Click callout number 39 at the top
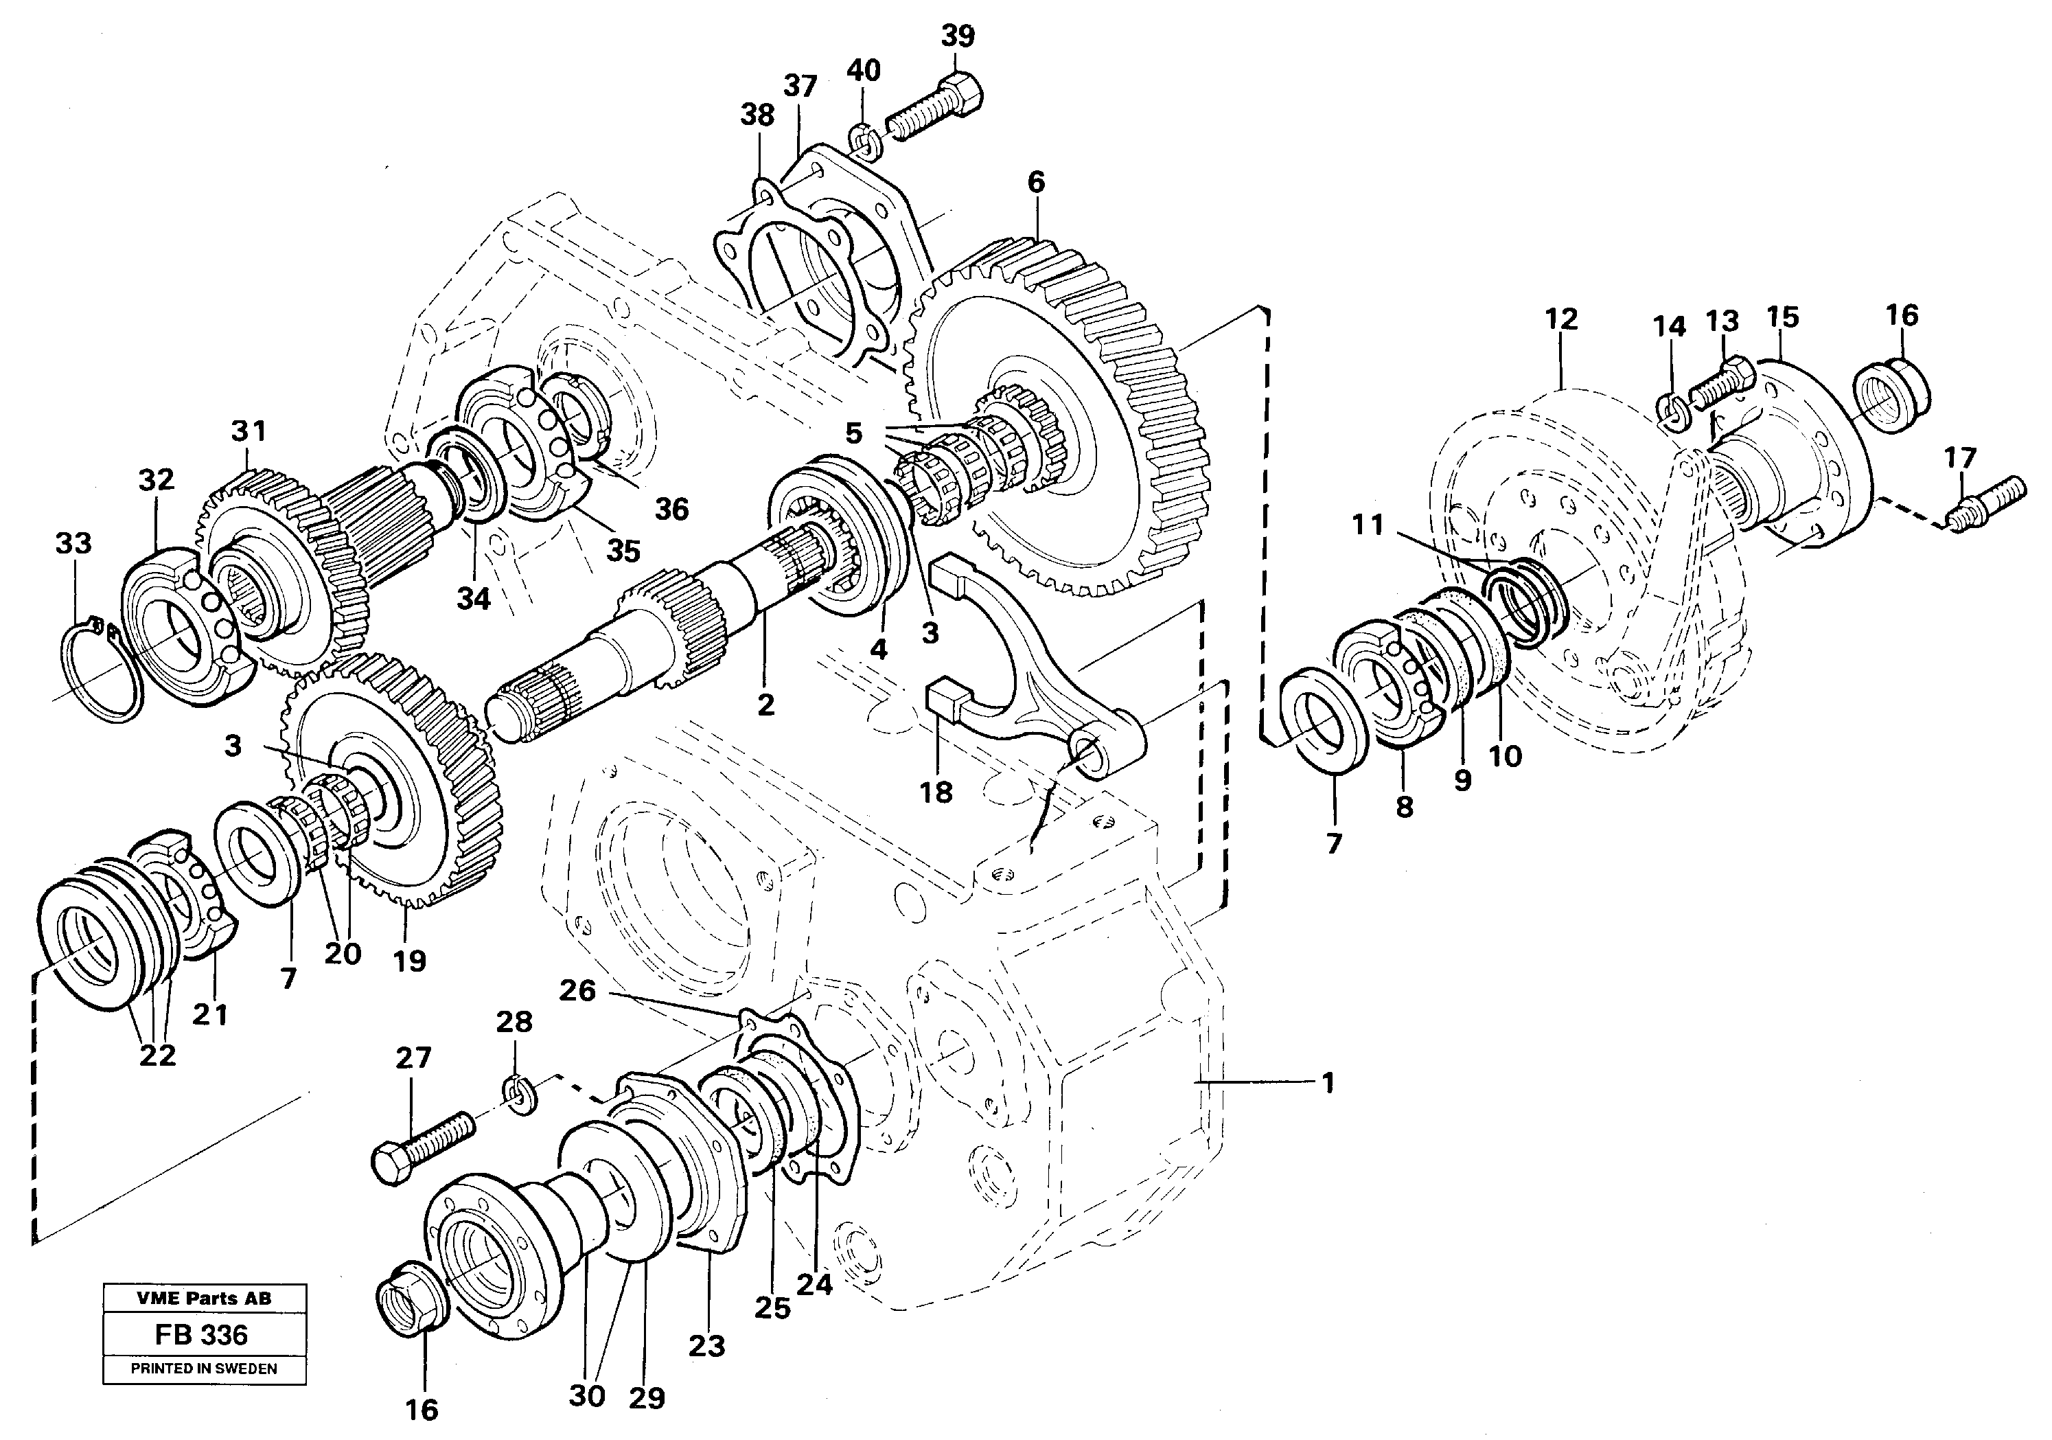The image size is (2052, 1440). [x=956, y=36]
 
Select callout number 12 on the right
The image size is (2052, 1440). [x=1560, y=319]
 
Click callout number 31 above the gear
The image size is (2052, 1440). [x=249, y=432]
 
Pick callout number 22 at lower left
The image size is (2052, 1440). [x=157, y=1055]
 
